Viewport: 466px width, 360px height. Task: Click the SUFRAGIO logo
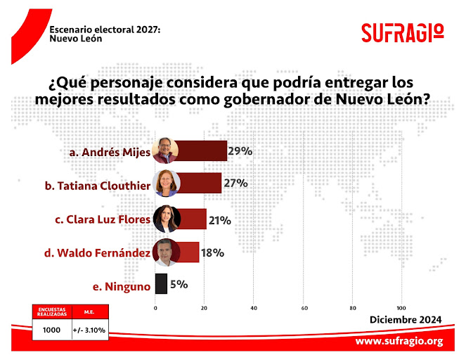click(402, 32)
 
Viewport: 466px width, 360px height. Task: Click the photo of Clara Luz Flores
click(167, 219)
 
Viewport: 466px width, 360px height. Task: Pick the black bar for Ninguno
click(161, 284)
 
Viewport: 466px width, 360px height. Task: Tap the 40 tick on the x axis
click(254, 308)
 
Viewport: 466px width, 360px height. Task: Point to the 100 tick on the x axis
click(402, 308)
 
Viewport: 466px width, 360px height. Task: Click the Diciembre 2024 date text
click(406, 320)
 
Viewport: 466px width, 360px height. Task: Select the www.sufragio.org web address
click(399, 342)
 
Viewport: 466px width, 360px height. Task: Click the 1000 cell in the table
click(52, 329)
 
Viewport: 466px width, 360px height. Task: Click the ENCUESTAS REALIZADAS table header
click(52, 312)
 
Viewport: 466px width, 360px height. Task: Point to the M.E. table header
click(89, 312)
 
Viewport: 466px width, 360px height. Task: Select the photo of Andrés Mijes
click(167, 151)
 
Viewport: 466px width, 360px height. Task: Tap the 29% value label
click(240, 150)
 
